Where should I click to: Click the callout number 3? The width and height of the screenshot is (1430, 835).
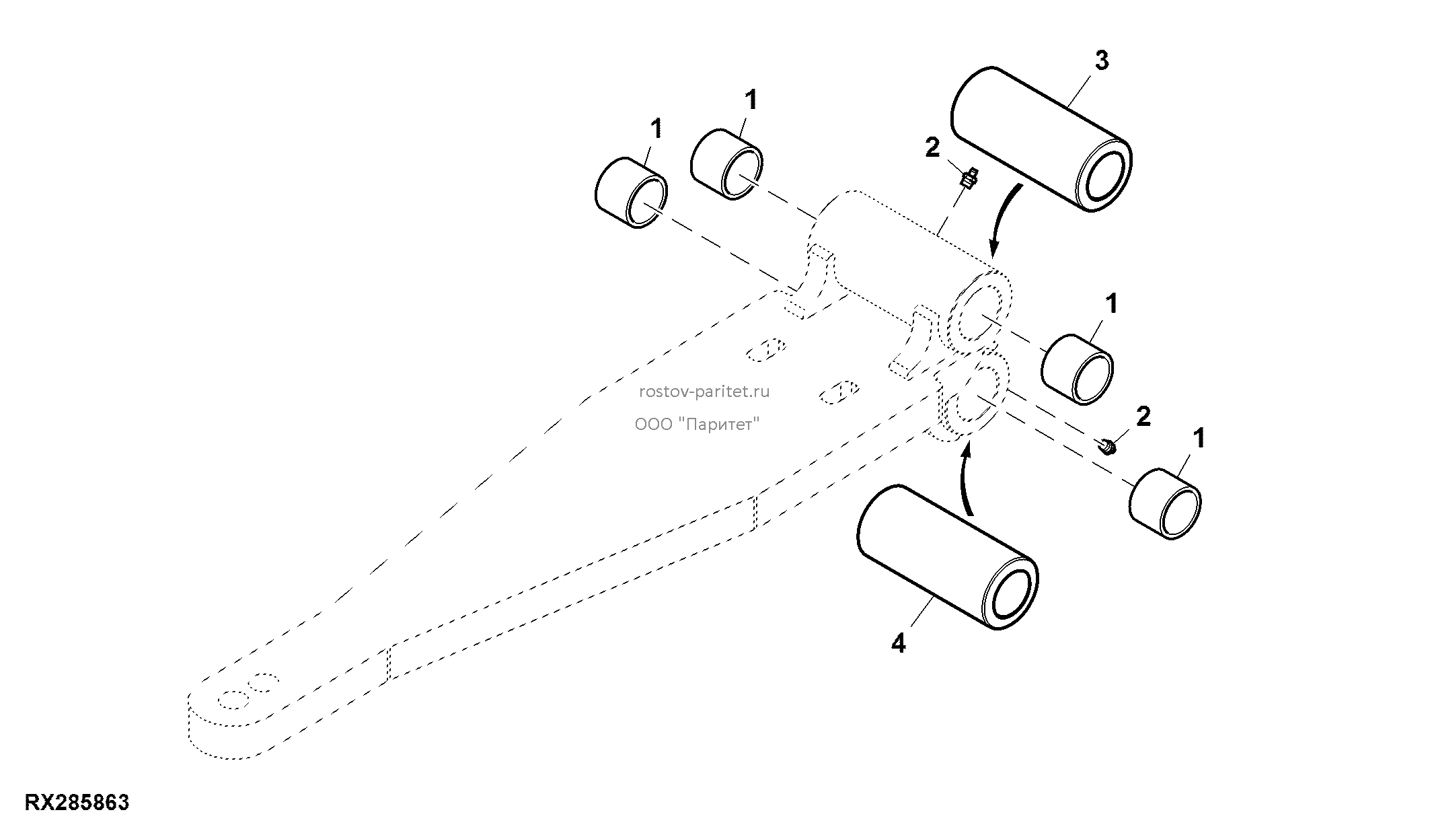(1100, 60)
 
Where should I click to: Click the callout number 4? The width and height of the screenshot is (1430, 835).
(899, 643)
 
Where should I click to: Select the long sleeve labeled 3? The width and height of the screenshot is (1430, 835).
(1041, 139)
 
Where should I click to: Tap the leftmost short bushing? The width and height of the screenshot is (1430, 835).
(632, 192)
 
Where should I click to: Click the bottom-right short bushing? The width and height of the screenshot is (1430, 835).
(1166, 504)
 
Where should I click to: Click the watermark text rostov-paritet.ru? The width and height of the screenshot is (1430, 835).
(704, 391)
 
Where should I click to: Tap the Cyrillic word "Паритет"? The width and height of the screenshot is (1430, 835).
(720, 424)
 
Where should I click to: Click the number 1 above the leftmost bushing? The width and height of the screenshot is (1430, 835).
(656, 128)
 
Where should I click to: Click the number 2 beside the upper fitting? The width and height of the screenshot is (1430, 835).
(932, 147)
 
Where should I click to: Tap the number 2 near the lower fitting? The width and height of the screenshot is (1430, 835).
(1143, 416)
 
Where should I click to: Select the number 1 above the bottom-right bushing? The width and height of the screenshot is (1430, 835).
(1198, 438)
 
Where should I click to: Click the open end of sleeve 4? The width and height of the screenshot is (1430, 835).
(1010, 594)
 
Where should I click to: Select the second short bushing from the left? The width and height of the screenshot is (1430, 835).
(727, 164)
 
